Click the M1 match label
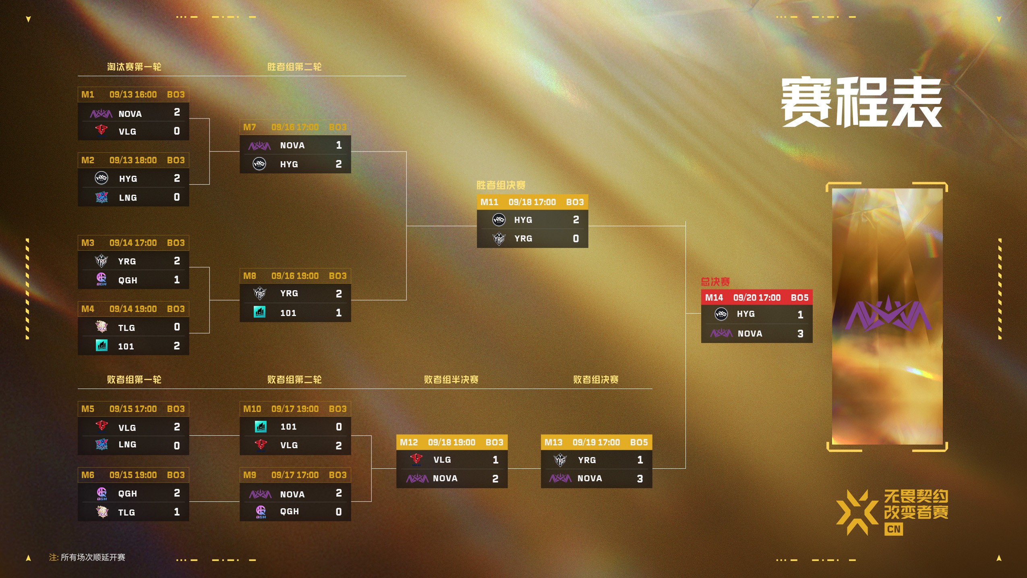(x=88, y=95)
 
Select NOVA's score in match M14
(x=800, y=334)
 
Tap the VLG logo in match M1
(x=101, y=130)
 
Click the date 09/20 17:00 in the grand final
(x=757, y=298)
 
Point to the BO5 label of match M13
(x=639, y=443)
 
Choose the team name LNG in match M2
(x=128, y=198)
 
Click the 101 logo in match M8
(x=260, y=312)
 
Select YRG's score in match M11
(x=576, y=239)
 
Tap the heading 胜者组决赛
(x=501, y=185)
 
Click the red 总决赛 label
(x=715, y=282)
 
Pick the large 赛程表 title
(x=861, y=102)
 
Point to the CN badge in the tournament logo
(x=894, y=529)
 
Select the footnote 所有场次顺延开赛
(x=93, y=557)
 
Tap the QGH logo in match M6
(x=102, y=493)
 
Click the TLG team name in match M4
(x=126, y=328)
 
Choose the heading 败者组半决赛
(x=451, y=380)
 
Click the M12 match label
(x=409, y=443)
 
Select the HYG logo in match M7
(x=259, y=164)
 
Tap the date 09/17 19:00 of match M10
(x=295, y=409)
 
